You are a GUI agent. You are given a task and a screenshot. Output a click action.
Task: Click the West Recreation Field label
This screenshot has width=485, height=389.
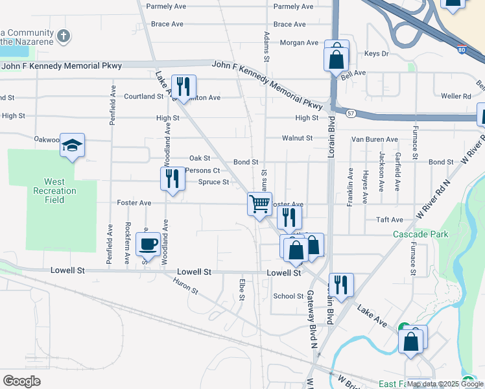pos(54,191)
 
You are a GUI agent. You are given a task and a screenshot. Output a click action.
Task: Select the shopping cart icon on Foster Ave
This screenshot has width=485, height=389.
pos(259,204)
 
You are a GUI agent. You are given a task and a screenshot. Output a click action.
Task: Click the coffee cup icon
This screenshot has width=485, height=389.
pos(148,245)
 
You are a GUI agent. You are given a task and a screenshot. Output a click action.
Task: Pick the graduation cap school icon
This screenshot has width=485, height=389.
pos(73,145)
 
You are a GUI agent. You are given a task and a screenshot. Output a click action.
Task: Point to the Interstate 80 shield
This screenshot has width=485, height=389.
pos(460,49)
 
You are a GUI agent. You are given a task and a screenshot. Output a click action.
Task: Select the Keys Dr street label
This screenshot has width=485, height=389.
pos(376,54)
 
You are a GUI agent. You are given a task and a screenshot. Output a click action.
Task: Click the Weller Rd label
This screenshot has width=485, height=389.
pos(455,97)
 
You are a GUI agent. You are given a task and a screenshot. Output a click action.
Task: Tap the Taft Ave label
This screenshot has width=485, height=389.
pos(390,220)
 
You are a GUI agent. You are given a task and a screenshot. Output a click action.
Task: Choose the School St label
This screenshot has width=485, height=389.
pos(288,296)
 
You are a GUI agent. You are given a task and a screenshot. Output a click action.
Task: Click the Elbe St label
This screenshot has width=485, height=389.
pos(241,290)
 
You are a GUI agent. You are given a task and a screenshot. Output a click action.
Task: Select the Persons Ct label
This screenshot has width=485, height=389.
pos(203,171)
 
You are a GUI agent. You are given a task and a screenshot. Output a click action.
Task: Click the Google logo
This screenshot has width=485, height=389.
pos(21,381)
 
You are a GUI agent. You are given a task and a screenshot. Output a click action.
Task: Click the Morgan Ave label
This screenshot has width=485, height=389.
pos(299,43)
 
